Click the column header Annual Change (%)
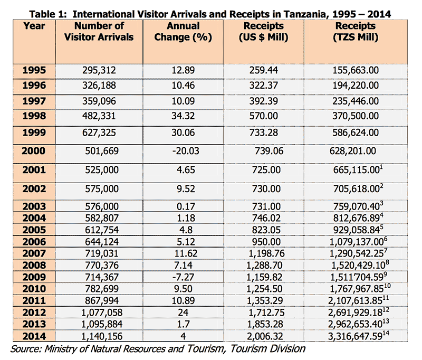coord(183,32)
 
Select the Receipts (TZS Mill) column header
coord(355,32)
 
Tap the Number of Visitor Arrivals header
coord(99,32)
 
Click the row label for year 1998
coord(34,116)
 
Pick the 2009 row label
coord(34,277)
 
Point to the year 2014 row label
coord(34,336)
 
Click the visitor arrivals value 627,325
coord(99,132)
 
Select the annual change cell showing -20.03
coord(186,151)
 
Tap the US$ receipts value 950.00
coord(266,242)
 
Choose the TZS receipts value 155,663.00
coord(356,70)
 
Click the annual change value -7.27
coord(183,277)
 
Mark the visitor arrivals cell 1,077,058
coord(102,312)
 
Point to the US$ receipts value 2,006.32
coord(265,336)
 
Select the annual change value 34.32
coord(183,116)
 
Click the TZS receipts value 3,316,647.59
coord(355,336)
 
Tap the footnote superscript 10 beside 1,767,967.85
coord(387,286)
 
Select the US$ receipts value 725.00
coord(266,170)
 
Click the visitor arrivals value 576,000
coord(102,206)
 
